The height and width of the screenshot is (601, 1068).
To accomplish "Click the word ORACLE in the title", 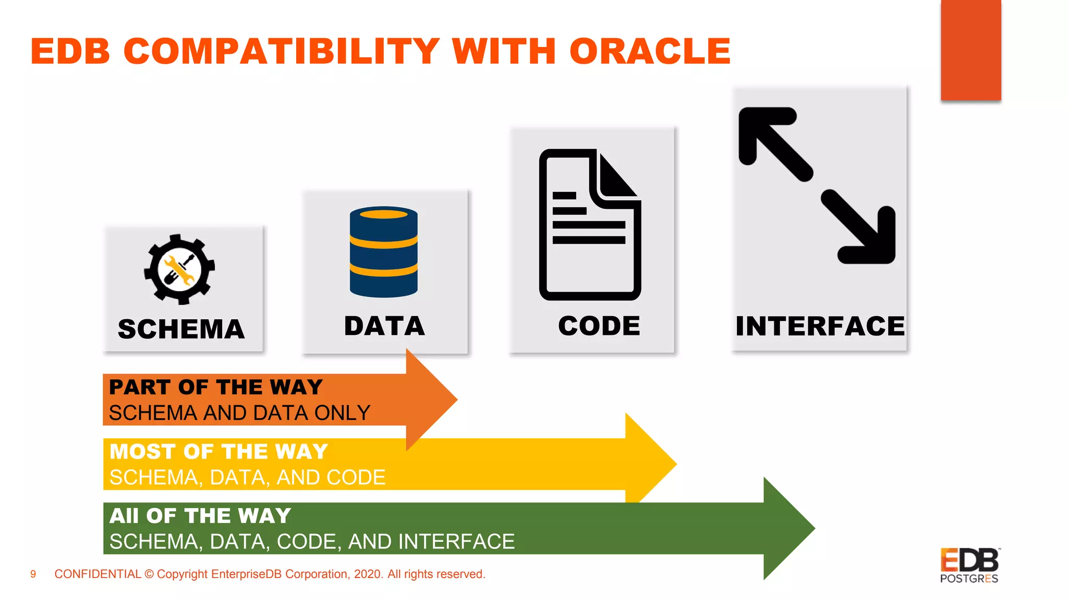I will tap(649, 52).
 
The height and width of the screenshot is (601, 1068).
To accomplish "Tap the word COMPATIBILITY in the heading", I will tap(282, 52).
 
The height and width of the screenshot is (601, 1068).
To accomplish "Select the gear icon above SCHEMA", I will tap(179, 269).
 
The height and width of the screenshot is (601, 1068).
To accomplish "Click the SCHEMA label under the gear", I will tap(181, 329).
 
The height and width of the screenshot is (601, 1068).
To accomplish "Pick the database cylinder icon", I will tap(384, 252).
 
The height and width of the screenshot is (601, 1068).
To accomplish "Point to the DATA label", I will tap(384, 326).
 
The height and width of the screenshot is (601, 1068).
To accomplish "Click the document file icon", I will tap(590, 225).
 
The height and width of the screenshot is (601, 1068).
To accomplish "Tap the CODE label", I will tap(599, 326).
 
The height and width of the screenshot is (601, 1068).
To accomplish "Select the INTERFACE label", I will tap(820, 327).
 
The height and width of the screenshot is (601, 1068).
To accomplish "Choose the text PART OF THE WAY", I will tap(216, 387).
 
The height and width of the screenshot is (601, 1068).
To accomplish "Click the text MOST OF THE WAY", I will tap(219, 451).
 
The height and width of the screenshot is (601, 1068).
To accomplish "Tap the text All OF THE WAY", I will tap(200, 515).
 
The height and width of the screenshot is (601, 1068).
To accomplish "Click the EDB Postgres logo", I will tap(969, 565).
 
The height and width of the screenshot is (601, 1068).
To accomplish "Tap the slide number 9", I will tap(33, 574).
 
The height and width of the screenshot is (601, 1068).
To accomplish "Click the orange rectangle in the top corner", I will tap(970, 50).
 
